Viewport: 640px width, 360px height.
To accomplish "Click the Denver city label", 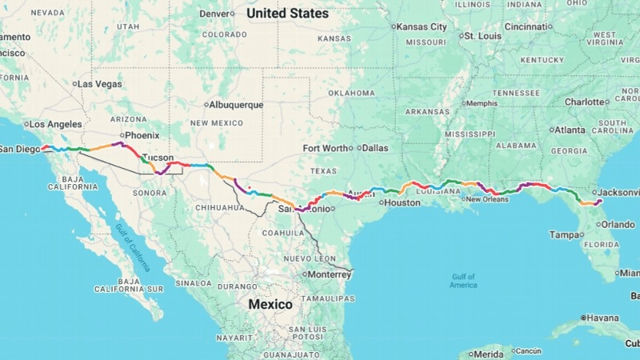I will click(214, 14).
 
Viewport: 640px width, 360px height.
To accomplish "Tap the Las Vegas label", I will click(100, 84).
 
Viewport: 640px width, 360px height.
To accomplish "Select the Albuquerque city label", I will click(236, 105).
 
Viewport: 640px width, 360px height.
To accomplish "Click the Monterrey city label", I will click(329, 274).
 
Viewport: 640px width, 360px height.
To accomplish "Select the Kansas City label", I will click(422, 26).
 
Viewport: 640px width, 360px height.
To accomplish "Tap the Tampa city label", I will click(564, 235).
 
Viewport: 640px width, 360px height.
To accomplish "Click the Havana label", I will click(602, 318).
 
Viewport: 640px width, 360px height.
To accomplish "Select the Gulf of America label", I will click(463, 281).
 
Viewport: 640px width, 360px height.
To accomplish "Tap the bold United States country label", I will click(287, 14).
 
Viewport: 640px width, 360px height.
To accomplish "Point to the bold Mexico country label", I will click(270, 305).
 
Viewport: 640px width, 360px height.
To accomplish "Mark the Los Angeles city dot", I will click(26, 125).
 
